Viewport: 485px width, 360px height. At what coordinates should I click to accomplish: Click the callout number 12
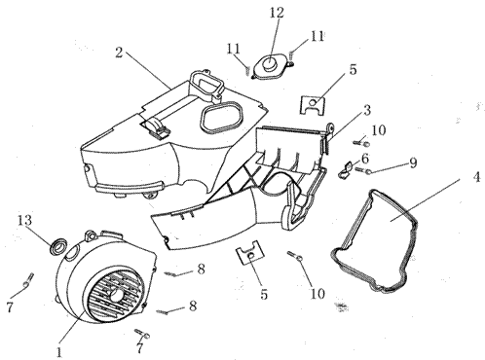[277, 13]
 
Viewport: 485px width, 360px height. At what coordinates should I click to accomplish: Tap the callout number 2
[119, 52]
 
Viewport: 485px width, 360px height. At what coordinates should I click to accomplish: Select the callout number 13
[24, 221]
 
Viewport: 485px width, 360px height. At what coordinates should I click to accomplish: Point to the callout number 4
[476, 177]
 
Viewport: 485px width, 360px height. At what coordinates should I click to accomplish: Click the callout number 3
[367, 110]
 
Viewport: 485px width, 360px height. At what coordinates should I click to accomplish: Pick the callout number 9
[413, 162]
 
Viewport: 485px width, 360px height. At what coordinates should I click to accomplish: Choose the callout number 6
[365, 159]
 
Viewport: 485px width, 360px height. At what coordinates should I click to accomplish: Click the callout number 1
[58, 352]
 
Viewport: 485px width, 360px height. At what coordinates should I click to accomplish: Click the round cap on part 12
[268, 62]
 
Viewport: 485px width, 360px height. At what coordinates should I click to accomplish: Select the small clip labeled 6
[345, 169]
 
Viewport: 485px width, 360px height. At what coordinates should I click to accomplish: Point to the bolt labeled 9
[362, 170]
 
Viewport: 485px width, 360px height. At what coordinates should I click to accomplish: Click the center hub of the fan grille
[116, 295]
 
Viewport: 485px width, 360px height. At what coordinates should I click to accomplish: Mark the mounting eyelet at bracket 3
[331, 127]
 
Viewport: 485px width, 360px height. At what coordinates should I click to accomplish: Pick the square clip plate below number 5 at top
[312, 104]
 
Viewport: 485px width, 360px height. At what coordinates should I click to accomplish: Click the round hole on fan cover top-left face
[72, 250]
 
